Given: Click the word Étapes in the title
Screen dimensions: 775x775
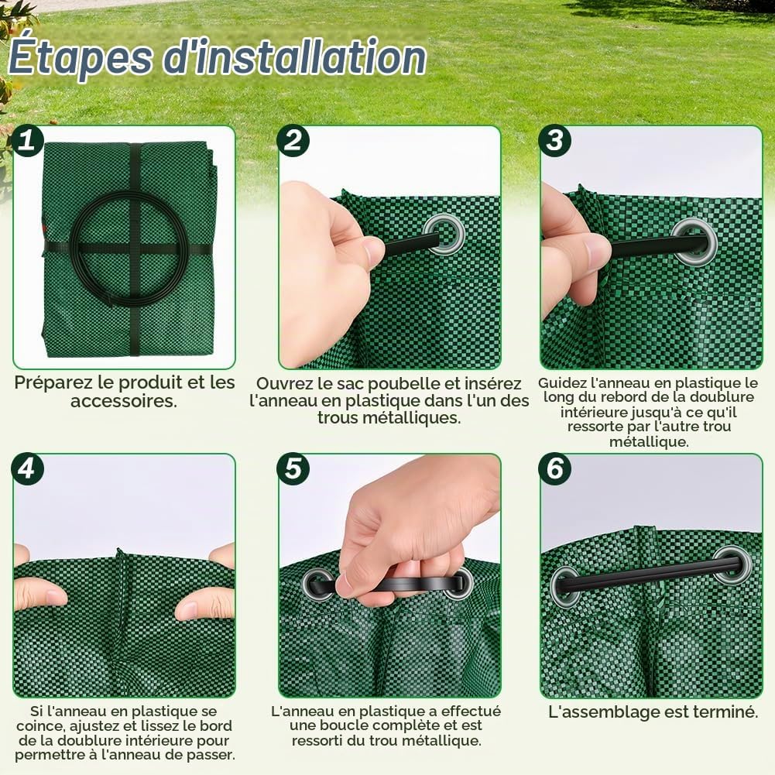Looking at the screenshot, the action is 80,58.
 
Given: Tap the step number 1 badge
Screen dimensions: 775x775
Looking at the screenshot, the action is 27,140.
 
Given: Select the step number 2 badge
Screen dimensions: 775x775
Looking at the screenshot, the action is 293,140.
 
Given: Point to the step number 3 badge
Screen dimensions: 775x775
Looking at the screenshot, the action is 554,140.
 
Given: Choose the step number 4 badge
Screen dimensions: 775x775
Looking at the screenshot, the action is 27,468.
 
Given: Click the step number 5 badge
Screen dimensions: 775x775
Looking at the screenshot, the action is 293,468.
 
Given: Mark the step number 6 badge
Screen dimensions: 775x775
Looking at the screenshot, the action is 554,468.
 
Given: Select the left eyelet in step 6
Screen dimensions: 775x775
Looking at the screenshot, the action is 565,587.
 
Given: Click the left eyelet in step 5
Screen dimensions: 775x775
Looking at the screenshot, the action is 317,585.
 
